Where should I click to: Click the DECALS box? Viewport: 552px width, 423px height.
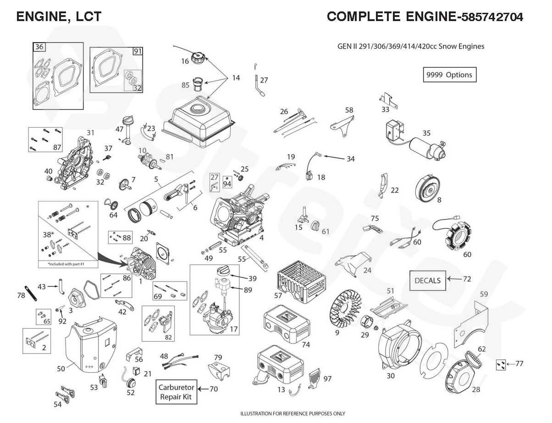pos(427,280)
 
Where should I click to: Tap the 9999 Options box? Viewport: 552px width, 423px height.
pos(449,75)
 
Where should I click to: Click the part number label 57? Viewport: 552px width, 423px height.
pos(278,295)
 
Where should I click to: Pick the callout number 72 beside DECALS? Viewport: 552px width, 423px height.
pos(467,278)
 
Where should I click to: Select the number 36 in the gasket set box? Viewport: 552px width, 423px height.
pos(39,47)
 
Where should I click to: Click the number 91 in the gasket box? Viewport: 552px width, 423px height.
pos(138,51)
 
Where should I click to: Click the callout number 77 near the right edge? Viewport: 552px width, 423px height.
pos(519,364)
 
